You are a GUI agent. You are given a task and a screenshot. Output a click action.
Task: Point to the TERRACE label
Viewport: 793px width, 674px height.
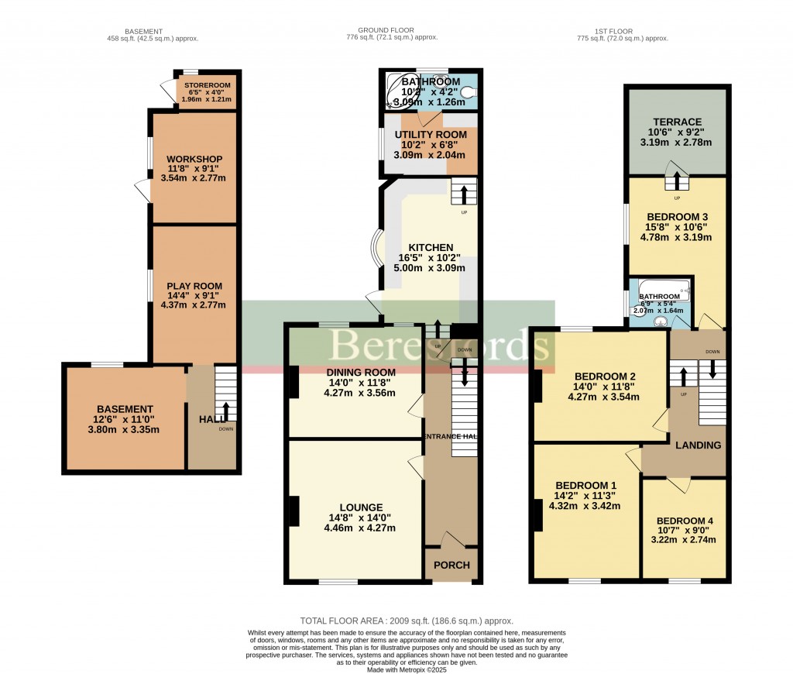pos(676,122)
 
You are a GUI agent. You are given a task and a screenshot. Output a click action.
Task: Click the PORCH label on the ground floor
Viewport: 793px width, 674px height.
pos(451,565)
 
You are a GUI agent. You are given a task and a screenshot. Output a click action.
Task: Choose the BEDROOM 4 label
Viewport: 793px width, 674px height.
pos(685,521)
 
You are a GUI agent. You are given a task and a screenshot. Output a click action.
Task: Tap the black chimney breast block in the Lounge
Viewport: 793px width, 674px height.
pos(294,511)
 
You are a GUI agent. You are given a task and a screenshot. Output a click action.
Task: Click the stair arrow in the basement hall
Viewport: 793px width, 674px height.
pos(225,410)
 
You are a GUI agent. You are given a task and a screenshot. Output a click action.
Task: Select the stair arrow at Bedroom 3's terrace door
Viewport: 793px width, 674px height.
pos(678,181)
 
